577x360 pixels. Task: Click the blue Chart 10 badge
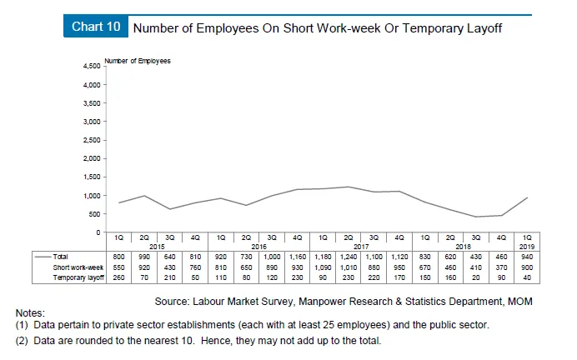[x=95, y=27]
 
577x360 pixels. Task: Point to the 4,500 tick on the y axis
[x=88, y=65]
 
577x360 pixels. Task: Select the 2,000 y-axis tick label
[x=88, y=158]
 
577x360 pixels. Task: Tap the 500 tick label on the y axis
[x=92, y=213]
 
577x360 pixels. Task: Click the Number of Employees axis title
[x=138, y=61]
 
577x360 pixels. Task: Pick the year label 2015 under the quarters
[x=158, y=246]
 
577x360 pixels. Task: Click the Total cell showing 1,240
[x=349, y=257]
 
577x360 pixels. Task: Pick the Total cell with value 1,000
[x=272, y=257]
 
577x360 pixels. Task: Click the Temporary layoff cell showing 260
[x=118, y=277]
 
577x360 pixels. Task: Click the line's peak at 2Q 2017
[x=349, y=187]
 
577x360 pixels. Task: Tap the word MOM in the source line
[x=521, y=300]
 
